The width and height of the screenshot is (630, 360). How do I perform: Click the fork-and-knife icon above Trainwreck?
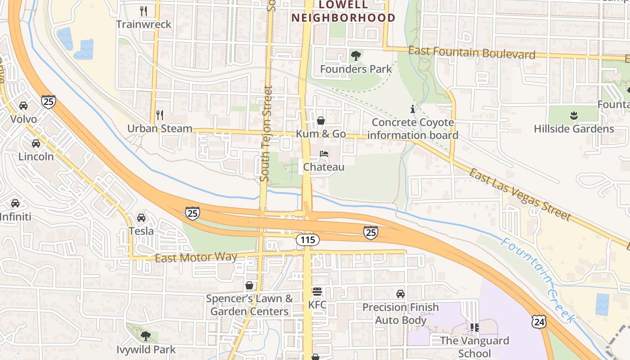coord(144,11)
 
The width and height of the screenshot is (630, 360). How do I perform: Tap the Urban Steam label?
coord(160,129)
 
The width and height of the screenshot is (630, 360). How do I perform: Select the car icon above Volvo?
coord(23,106)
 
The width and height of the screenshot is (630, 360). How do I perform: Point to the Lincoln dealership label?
coord(36,157)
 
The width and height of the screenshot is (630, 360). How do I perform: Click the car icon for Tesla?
coord(141,218)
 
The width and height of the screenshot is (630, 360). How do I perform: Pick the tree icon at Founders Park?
coord(356,56)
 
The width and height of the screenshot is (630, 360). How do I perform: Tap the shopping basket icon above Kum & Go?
coord(321,121)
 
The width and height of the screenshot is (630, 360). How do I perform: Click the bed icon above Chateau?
coord(324,154)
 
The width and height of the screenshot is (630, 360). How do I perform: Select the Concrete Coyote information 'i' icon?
coord(412,109)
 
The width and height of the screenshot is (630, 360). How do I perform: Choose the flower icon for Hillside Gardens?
coord(574,116)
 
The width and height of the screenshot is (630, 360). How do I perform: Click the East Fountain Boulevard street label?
coord(472,53)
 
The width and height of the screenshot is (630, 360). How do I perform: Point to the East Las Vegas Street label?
coord(520,194)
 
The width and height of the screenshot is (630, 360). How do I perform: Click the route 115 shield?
coord(308,240)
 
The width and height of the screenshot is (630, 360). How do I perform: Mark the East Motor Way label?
coord(196,258)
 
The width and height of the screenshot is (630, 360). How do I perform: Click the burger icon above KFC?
coord(317,292)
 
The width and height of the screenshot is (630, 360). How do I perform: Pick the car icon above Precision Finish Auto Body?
coord(400,294)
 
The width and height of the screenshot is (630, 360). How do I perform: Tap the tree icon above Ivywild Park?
coord(145,336)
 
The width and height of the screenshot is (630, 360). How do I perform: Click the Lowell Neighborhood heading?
coord(343,12)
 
